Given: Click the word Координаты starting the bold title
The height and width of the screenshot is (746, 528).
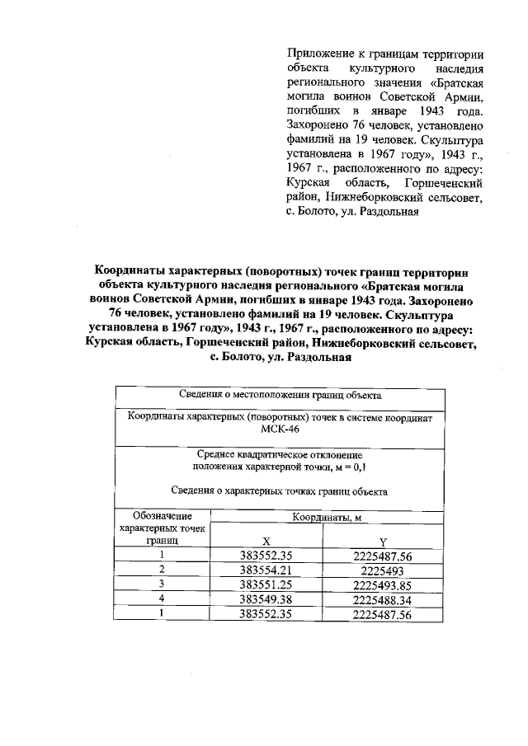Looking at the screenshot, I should click(x=130, y=270).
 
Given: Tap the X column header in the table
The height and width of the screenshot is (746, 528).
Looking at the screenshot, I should click(x=266, y=541).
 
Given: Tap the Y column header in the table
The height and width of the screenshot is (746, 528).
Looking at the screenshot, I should click(x=382, y=541).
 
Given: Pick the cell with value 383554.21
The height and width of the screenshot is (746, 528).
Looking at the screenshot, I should click(x=266, y=570).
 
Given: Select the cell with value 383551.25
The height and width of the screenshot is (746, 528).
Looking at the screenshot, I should click(x=266, y=584).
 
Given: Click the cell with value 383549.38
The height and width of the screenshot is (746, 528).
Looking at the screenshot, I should click(x=266, y=598).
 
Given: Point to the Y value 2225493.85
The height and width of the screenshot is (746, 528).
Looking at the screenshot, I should click(x=382, y=584).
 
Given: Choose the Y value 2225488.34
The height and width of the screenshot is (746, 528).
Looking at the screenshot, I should click(x=382, y=598).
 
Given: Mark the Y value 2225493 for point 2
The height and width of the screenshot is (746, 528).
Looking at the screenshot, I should click(x=382, y=570).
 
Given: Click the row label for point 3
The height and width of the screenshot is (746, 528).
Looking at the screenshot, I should click(x=163, y=584).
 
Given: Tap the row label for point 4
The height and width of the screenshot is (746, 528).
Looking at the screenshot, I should click(x=163, y=598).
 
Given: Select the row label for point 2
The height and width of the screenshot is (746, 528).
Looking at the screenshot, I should click(x=163, y=570).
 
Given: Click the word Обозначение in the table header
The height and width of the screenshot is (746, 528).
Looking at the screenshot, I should click(x=163, y=517).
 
